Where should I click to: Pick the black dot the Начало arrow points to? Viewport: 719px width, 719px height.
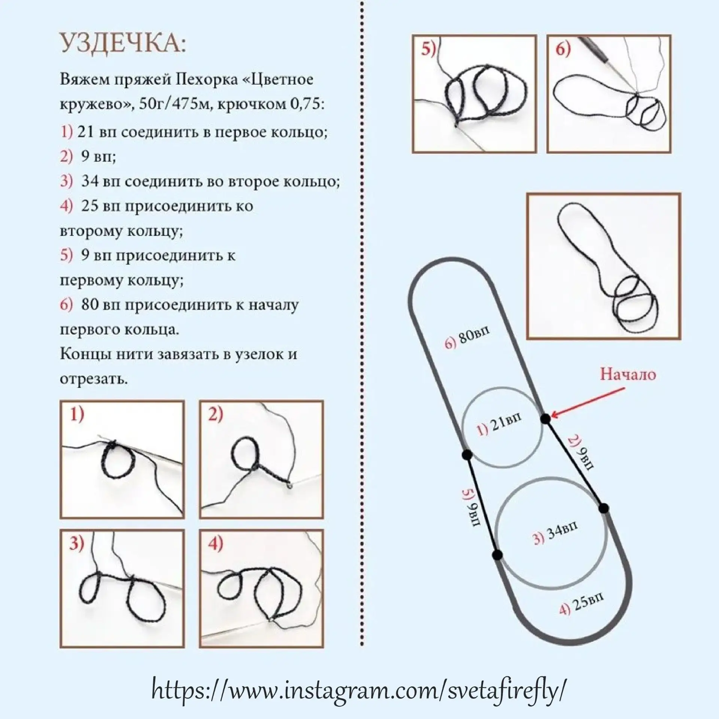tap(545, 418)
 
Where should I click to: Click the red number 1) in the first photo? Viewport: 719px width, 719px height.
tap(77, 415)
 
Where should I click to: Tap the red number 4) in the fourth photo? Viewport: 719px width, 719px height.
tap(215, 544)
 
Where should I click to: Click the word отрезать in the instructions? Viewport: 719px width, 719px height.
tap(94, 379)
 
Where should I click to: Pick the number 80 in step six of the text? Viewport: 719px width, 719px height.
tap(90, 304)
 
